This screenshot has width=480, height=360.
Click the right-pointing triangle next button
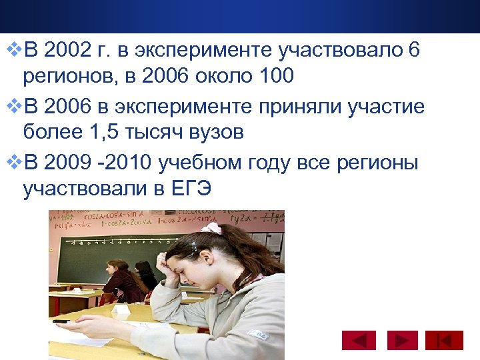401,341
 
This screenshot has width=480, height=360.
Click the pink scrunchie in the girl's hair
212,228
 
